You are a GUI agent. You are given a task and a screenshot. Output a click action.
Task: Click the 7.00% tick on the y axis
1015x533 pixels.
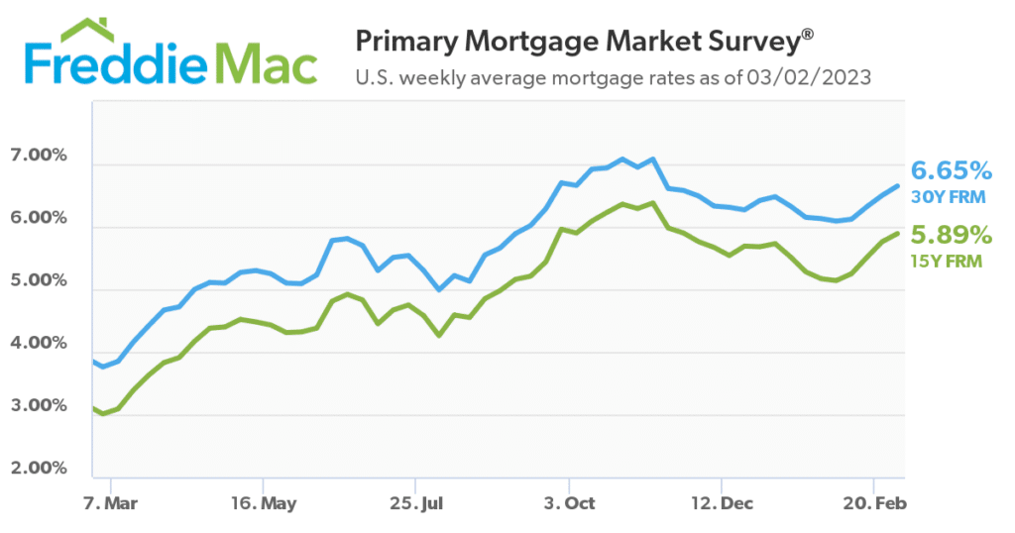39,157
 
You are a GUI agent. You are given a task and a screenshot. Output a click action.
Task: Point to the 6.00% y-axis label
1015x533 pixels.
39,219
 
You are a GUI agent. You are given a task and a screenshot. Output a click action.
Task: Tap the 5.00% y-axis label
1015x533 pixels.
39,281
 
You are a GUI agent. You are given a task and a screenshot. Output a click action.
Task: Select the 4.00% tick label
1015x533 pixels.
39,344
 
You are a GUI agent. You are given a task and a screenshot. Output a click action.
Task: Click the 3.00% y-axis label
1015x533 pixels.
39,406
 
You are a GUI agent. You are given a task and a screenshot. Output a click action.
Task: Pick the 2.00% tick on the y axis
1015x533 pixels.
39,469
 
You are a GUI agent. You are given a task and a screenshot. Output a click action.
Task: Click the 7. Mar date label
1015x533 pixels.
110,503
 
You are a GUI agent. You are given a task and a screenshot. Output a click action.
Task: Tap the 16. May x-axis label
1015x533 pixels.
263,503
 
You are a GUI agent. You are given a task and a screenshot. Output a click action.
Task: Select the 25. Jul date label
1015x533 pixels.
416,503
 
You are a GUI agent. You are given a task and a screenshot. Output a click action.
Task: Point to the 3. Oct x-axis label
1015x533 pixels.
569,503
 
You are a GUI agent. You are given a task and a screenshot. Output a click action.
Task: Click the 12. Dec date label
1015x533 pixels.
722,503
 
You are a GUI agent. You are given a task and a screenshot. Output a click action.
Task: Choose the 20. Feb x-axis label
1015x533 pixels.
874,503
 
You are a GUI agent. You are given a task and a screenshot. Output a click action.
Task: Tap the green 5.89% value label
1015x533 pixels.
950,236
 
